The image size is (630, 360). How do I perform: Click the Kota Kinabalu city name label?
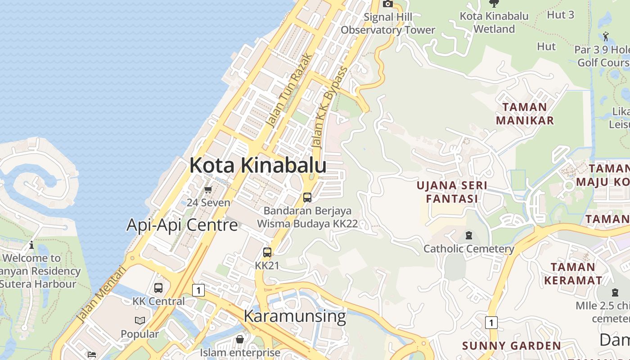click(x=257, y=165)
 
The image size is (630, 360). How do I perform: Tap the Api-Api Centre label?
click(x=182, y=225)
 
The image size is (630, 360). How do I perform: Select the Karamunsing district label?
click(x=295, y=316)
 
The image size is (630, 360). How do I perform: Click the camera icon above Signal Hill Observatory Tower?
click(x=387, y=4)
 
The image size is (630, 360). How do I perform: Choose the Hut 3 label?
click(x=560, y=15)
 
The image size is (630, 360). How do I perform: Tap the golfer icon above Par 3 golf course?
click(x=606, y=36)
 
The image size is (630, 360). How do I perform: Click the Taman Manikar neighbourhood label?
click(x=525, y=114)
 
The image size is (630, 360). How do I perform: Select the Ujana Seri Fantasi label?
click(x=452, y=192)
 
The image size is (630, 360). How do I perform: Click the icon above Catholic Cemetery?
click(x=469, y=235)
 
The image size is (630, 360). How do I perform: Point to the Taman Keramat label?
click(x=573, y=274)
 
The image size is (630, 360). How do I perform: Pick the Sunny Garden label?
click(x=512, y=346)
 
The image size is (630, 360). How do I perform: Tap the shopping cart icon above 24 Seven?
click(x=208, y=190)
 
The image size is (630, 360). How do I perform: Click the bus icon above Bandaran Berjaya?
click(x=307, y=197)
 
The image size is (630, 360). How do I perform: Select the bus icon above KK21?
click(x=267, y=252)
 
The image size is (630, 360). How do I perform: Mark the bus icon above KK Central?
click(x=158, y=288)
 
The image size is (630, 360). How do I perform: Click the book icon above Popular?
click(x=140, y=321)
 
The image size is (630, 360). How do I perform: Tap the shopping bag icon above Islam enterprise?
click(x=240, y=339)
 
